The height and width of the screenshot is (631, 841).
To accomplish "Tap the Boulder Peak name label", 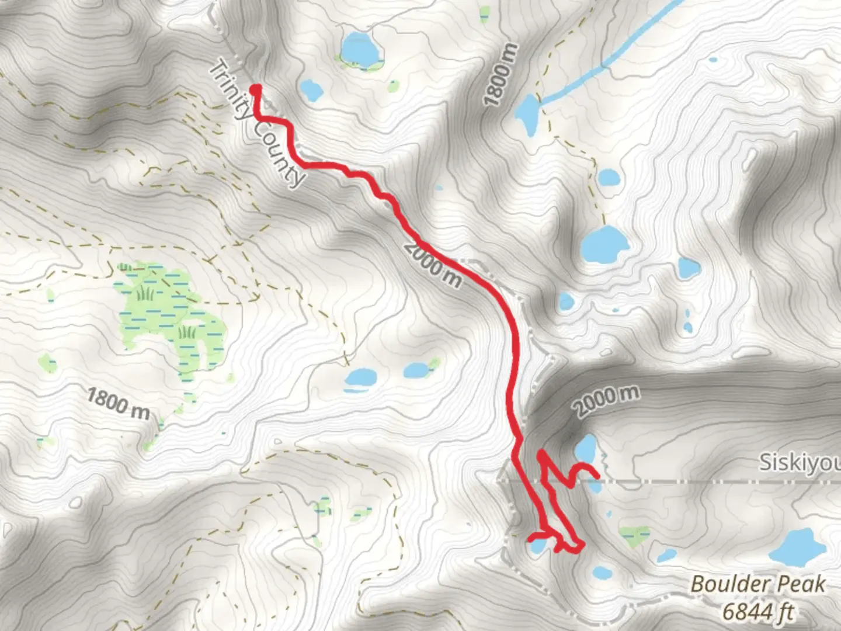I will point(758,584).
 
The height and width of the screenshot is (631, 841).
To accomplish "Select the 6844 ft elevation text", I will point(758,611).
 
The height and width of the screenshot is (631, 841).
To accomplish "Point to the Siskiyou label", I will point(799,463).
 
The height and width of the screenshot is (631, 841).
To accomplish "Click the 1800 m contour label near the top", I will point(501,75).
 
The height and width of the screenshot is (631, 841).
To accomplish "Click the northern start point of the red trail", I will point(256,89).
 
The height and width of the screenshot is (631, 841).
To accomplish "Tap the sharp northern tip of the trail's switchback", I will point(541,453).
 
